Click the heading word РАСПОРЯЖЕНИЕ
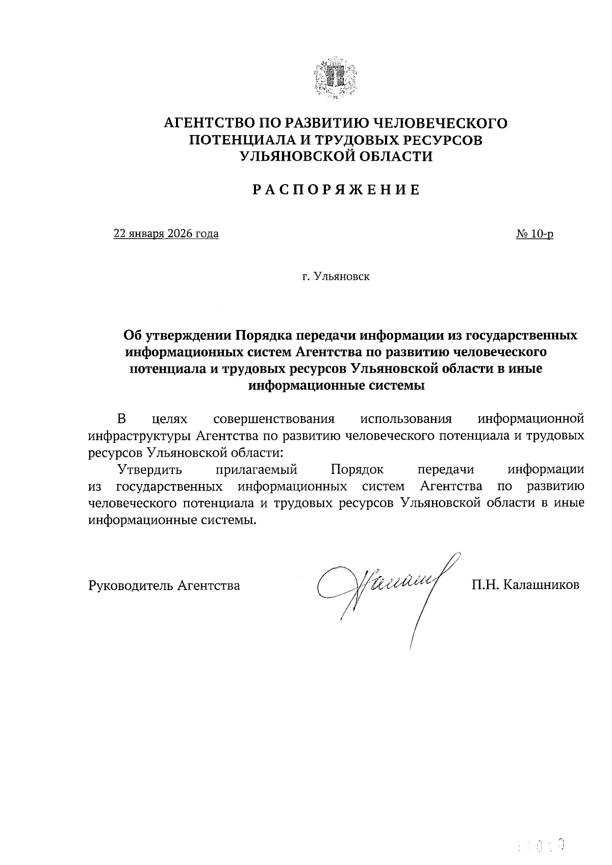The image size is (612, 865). (336, 190)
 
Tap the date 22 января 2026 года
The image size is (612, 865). (166, 234)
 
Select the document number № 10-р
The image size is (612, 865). (535, 234)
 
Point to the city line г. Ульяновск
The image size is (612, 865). (336, 277)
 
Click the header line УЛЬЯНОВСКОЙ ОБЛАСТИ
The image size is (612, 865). (336, 157)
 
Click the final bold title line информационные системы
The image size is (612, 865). (336, 386)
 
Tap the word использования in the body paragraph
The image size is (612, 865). (406, 419)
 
